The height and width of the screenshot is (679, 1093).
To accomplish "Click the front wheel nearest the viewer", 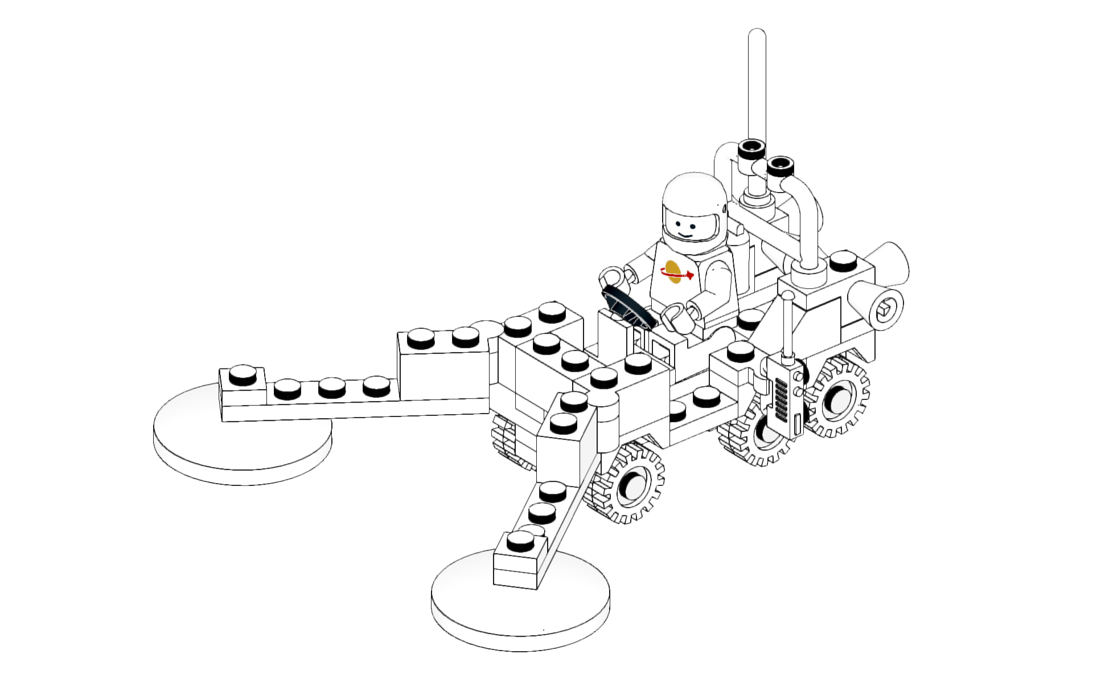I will pos(629,485).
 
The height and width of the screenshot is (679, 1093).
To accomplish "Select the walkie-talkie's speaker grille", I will pos(782,399).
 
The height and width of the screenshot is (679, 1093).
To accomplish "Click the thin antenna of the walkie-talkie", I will pos(787,325).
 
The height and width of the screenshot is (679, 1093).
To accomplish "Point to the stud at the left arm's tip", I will pos(243,375).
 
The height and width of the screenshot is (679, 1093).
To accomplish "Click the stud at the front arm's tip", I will pos(520,540).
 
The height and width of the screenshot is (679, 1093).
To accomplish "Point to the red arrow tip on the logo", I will pos(690,276).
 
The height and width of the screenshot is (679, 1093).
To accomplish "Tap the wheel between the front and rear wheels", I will pos(757,436).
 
